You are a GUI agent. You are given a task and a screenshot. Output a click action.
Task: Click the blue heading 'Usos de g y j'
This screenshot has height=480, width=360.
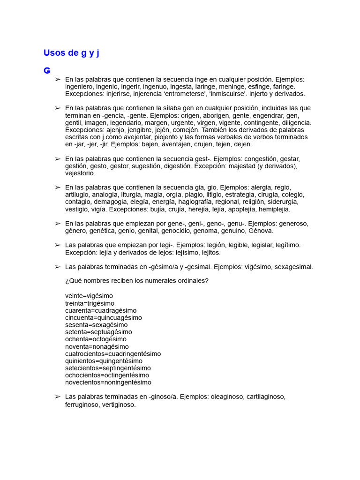71,53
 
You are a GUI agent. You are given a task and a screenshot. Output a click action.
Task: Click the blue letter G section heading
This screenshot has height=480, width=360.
47,71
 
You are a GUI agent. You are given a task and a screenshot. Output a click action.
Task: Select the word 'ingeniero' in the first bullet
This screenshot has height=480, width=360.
79,87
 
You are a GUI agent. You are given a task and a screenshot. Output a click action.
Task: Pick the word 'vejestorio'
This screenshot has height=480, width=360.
80,173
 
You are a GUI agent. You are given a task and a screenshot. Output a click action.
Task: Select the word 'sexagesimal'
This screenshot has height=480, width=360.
293,267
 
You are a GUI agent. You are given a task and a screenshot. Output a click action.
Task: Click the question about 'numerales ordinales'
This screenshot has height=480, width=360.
137,281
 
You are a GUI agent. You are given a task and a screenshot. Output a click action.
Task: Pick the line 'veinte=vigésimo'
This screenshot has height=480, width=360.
89,296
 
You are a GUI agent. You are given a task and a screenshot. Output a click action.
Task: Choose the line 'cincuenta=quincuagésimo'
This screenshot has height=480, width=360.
104,317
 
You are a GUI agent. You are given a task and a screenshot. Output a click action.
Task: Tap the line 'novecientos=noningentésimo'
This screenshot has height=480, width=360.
108,382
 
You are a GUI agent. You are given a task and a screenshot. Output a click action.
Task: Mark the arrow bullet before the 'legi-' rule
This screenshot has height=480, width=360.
58,245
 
